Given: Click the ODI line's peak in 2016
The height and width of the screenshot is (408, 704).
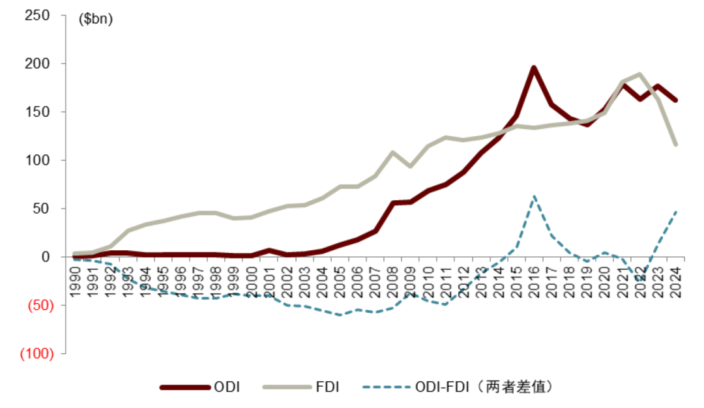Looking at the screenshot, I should pos(533,68).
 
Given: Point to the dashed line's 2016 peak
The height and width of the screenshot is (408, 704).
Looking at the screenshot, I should pos(533,196).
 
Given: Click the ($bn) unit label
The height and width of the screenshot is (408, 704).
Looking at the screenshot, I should pos(95,20).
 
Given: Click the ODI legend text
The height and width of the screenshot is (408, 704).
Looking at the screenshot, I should pos(227,387).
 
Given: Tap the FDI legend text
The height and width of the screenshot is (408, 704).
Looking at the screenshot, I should pos(327,387).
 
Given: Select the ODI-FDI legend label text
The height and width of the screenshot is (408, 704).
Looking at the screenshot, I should pos(484,387).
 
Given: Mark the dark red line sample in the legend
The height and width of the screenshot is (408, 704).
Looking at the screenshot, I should pos(184,387).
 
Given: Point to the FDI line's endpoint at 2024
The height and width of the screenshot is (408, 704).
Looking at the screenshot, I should pos(675,144).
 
